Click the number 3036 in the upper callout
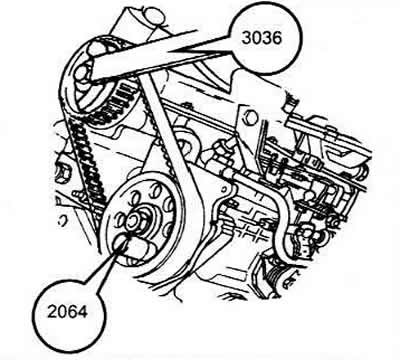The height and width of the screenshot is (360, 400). point(262,38)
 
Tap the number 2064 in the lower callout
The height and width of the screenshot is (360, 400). point(67,312)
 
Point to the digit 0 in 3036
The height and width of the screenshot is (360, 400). point(257,38)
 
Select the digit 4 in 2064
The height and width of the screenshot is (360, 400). point(83,312)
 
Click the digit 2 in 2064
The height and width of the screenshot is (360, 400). point(52,312)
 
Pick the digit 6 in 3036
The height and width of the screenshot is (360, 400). point(277,38)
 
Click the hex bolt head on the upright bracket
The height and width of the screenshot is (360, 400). point(250,117)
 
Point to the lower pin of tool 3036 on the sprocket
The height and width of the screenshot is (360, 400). point(82,74)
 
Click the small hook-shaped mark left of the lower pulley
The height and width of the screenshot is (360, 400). point(61,221)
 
